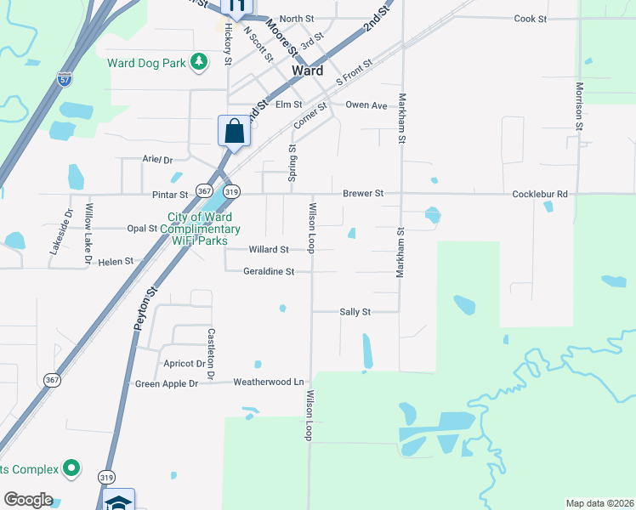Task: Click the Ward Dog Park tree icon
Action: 199,62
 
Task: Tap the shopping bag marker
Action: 235,132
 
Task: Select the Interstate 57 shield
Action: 65,79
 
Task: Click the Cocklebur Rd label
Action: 539,194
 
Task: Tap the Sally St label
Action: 355,312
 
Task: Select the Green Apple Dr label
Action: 166,384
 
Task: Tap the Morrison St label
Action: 579,106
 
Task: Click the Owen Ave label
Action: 366,105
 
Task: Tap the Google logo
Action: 28,500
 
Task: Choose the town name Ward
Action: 307,71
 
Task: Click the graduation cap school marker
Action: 118,501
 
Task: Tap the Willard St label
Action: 269,250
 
